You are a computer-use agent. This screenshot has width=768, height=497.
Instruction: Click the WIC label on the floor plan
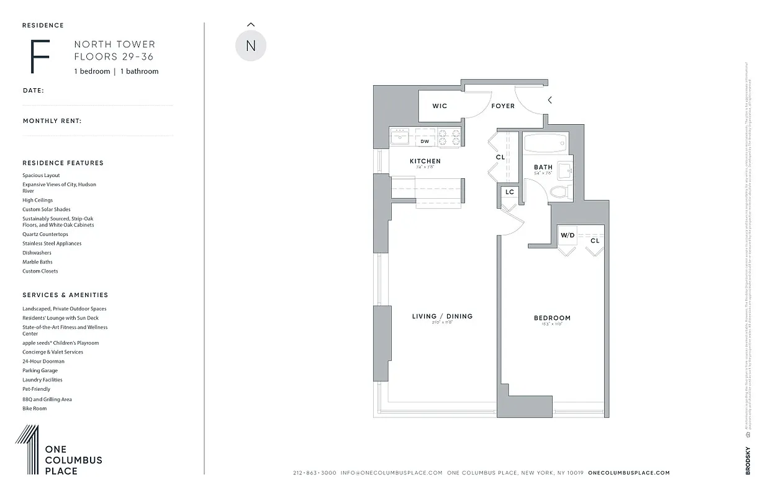440,106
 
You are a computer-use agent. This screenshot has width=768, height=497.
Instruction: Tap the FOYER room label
503,106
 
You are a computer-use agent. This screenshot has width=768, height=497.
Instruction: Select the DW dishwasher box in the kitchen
425,142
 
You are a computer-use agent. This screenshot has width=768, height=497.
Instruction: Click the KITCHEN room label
425,162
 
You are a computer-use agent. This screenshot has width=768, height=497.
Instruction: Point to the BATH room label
543,167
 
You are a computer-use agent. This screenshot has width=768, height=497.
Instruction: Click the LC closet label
510,192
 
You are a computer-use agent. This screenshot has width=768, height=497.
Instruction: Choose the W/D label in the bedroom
567,235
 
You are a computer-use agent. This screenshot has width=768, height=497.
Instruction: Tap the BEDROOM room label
552,318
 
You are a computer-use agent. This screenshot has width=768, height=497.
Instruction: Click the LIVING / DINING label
442,316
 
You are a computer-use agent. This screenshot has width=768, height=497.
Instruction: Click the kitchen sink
400,137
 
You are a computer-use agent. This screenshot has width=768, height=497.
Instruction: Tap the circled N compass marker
251,46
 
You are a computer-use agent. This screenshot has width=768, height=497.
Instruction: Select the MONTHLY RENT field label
52,121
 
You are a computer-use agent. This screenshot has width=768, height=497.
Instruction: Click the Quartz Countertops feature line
45,234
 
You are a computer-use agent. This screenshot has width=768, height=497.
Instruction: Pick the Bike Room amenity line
35,408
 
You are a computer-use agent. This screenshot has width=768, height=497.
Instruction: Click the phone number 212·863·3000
315,473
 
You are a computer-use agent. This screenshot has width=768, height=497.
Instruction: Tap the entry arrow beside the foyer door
549,99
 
